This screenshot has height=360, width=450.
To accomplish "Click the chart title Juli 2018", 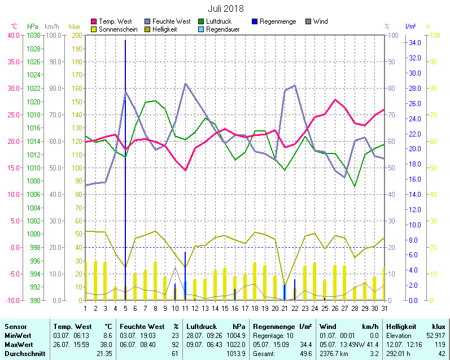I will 225,8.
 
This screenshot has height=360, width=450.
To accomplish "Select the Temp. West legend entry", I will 115,21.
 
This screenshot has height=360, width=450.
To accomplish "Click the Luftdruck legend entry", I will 219,21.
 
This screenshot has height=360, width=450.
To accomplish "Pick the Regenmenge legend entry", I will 277,21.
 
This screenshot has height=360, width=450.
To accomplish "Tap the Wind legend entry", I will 320,21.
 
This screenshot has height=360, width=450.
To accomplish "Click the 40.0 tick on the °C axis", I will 12,35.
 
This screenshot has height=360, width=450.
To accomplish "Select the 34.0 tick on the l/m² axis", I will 415,43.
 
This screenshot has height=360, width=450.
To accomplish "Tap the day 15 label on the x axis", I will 225,308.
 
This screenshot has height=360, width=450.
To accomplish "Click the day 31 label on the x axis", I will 385,308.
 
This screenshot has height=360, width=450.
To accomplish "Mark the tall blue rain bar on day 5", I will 125,169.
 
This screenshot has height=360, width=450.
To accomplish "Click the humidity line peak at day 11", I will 185,84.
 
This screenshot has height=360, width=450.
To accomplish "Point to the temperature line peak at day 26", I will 335,100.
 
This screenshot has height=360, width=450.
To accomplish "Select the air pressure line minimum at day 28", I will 355,186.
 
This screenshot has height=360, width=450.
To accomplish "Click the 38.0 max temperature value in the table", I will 105,344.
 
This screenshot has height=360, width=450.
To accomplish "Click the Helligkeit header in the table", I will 401,327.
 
